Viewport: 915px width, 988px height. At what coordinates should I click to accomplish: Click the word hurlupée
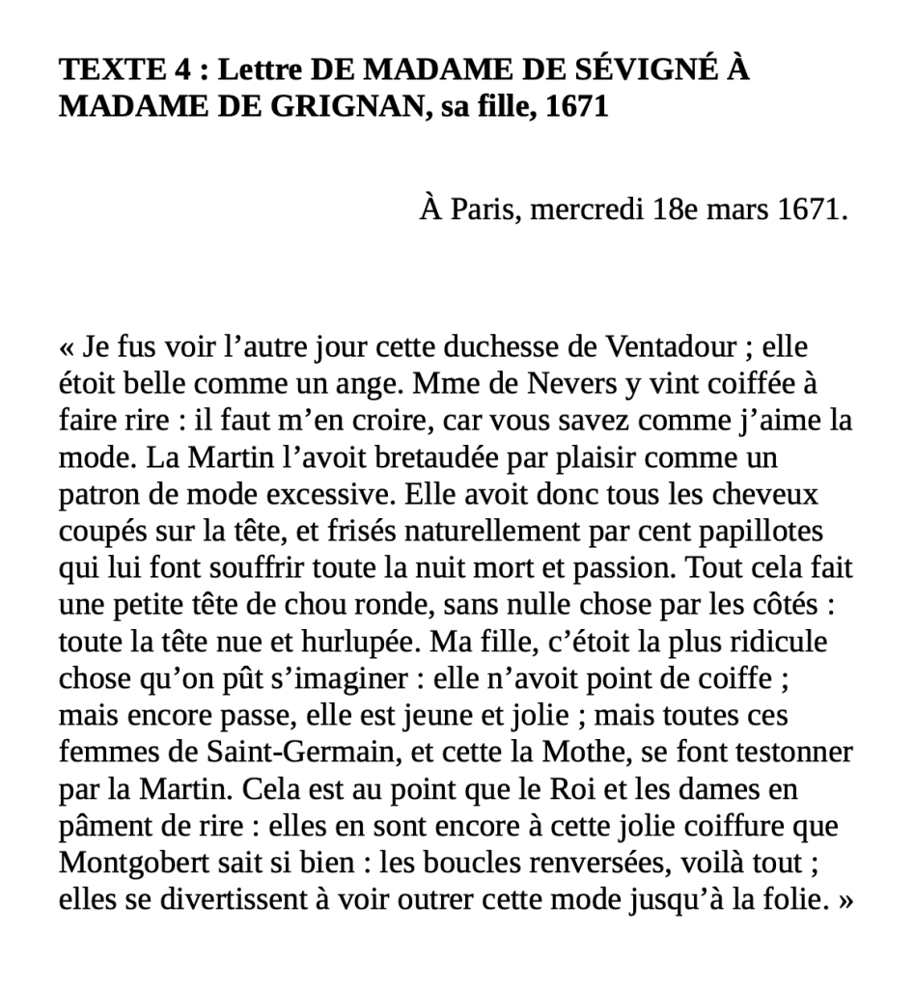362,642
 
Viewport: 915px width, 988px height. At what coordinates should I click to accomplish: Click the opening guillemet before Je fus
67,346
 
